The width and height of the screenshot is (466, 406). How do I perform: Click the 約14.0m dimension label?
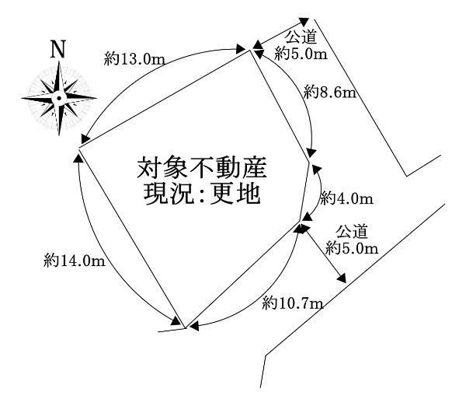pyautogui.click(x=74, y=261)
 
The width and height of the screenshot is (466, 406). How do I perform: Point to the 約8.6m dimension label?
pyautogui.click(x=329, y=94)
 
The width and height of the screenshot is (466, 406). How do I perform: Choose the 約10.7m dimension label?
pyautogui.click(x=292, y=302)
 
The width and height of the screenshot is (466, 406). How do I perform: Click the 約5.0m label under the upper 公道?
pyautogui.click(x=301, y=54)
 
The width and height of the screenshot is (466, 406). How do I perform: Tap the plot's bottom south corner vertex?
pyautogui.click(x=185, y=327)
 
